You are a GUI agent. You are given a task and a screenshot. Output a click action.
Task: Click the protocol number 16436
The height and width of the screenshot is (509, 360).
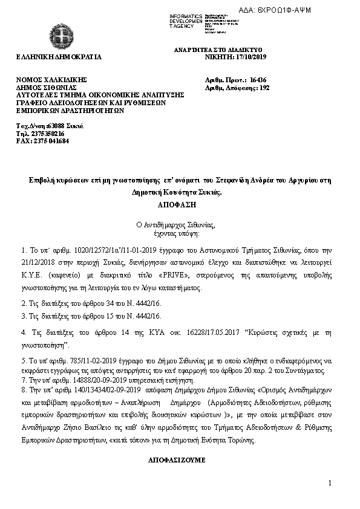pos(258,80)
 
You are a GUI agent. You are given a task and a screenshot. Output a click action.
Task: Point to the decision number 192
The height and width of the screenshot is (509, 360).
pos(264,88)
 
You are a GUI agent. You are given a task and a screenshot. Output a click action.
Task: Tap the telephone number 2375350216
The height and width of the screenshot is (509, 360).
pos(45,133)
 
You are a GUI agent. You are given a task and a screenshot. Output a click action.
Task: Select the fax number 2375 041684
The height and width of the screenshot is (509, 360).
pos(50,140)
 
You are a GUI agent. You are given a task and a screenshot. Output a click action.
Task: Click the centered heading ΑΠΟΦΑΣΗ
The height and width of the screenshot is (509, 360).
pos(180,206)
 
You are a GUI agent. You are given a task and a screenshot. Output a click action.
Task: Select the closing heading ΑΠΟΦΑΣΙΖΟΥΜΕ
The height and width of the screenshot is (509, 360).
pos(177,460)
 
